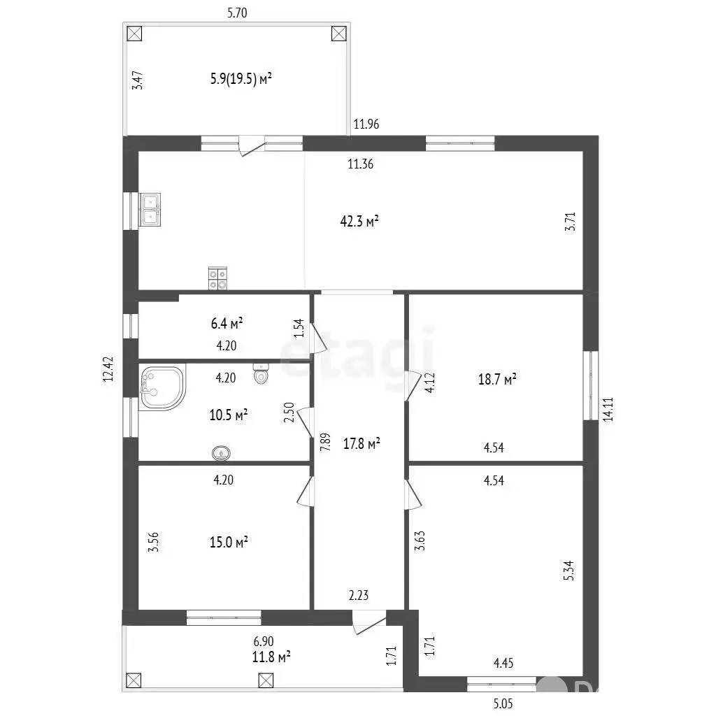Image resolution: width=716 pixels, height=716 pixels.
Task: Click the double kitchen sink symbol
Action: click(150, 210)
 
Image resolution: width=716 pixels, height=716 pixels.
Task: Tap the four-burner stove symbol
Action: click(217, 278)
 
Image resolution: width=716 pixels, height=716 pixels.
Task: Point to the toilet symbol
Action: click(261, 373)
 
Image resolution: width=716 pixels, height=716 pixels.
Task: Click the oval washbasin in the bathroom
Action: click(221, 453)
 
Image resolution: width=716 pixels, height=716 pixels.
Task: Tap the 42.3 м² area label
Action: click(359, 222)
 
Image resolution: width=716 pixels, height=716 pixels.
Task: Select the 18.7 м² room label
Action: click(497, 379)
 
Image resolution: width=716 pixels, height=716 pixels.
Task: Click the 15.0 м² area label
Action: click(229, 542)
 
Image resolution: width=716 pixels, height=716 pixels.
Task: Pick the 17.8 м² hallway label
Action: click(361, 443)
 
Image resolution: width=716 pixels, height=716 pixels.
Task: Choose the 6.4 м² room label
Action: click(227, 323)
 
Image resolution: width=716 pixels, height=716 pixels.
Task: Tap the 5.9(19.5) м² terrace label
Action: click(241, 78)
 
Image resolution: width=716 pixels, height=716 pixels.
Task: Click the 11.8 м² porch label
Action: click(271, 657)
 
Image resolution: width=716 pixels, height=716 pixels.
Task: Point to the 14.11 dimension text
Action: click(608, 409)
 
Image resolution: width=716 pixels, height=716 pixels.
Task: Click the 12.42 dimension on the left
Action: click(108, 369)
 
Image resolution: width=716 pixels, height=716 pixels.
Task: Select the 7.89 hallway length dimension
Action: click(324, 442)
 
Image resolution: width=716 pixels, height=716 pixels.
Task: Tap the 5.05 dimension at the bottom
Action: click(503, 703)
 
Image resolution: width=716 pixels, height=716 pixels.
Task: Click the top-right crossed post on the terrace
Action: click(339, 34)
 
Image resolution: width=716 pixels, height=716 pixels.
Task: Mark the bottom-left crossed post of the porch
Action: click(134, 680)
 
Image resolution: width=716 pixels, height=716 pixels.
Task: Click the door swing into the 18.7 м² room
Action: click(413, 386)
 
